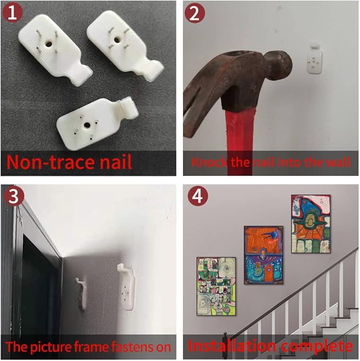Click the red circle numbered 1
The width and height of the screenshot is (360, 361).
point(12,13)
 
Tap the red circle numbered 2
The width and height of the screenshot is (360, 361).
point(195,13)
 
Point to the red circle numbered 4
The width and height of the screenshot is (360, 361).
point(198,196)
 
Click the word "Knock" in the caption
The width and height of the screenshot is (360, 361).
point(208,162)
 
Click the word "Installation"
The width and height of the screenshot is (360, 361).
point(232,346)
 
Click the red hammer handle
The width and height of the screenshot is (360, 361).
point(240,143)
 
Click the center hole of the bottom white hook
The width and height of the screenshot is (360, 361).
point(87,125)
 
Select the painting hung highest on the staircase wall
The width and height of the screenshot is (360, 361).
point(311,224)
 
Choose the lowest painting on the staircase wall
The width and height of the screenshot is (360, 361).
point(216,286)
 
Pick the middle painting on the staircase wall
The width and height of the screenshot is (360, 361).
point(264,255)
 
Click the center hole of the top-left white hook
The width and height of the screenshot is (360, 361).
point(48,43)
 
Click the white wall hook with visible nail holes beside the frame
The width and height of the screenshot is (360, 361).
point(126,287)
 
